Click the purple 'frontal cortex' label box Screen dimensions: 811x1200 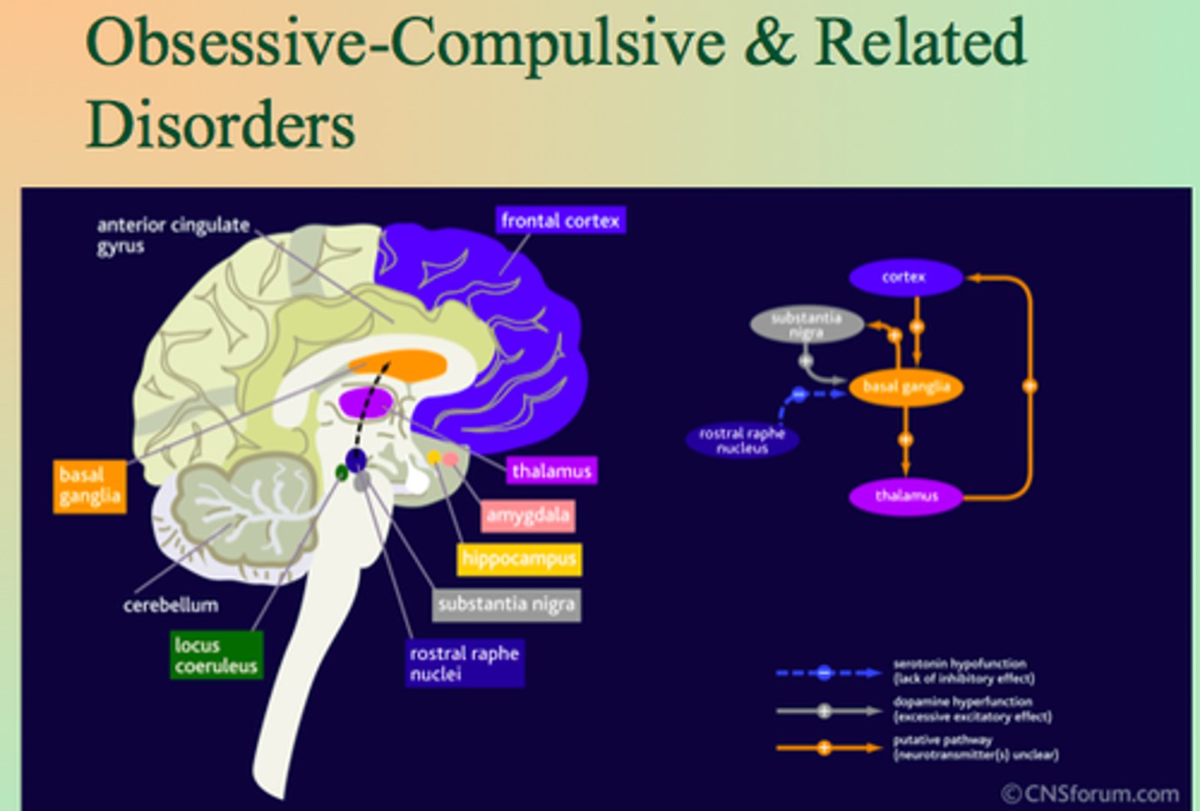[x=560, y=221]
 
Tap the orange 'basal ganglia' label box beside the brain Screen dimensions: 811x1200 [x=90, y=486]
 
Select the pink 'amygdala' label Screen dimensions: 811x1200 [x=527, y=515]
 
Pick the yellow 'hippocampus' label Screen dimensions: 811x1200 [x=518, y=558]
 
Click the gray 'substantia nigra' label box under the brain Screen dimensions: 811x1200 [x=506, y=604]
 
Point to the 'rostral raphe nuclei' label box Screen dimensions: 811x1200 [x=464, y=663]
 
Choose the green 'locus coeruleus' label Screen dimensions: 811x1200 [x=216, y=655]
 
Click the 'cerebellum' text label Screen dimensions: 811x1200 [x=171, y=605]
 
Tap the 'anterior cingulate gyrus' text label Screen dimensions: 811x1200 [x=172, y=235]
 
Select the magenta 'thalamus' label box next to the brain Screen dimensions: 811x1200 [x=551, y=471]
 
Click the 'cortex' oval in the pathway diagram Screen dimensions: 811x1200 [x=905, y=278]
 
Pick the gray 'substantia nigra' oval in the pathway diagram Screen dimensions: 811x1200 [x=806, y=325]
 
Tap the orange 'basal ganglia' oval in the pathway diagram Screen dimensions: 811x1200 [x=906, y=387]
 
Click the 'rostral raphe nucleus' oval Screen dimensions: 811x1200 [x=742, y=440]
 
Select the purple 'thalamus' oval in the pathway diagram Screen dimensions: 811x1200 [x=906, y=497]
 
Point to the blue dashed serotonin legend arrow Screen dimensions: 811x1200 [x=827, y=673]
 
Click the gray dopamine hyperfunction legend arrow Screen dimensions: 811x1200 [x=827, y=711]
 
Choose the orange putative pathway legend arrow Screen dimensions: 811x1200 [x=827, y=748]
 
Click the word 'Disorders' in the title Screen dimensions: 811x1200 [x=221, y=125]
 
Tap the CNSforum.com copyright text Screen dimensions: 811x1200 [x=1089, y=793]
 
